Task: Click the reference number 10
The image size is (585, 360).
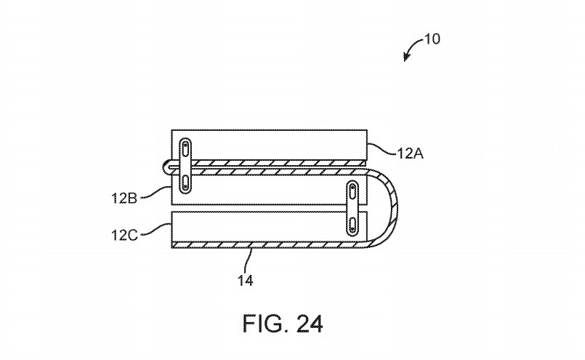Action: (432, 39)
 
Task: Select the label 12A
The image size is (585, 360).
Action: (410, 153)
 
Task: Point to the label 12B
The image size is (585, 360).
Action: (124, 198)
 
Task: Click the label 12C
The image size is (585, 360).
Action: (124, 235)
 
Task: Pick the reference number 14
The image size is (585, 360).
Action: (246, 280)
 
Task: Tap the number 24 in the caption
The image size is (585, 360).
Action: (310, 324)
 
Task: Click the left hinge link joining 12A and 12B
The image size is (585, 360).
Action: (185, 166)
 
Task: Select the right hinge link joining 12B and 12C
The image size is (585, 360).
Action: (352, 209)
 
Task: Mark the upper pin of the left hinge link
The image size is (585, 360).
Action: (185, 148)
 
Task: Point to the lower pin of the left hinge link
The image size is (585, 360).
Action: (185, 183)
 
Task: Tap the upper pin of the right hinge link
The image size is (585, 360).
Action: (352, 191)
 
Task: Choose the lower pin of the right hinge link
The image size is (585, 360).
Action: (352, 226)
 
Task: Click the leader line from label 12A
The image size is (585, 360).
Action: (382, 148)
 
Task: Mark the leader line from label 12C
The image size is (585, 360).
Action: (156, 229)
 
